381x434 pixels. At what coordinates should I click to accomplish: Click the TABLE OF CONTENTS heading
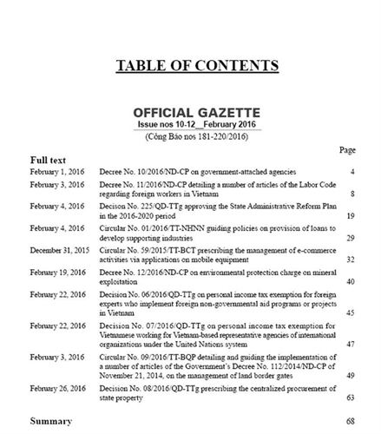[x=197, y=65]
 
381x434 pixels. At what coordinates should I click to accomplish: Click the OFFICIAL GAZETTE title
[x=198, y=114]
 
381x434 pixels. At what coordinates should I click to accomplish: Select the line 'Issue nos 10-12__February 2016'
[x=198, y=125]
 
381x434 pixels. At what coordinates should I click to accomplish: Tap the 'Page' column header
[x=347, y=150]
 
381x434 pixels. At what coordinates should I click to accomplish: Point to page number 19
[x=351, y=214]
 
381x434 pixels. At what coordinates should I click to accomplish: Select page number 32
[x=351, y=260]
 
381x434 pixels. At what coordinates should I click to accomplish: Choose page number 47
[x=351, y=344]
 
